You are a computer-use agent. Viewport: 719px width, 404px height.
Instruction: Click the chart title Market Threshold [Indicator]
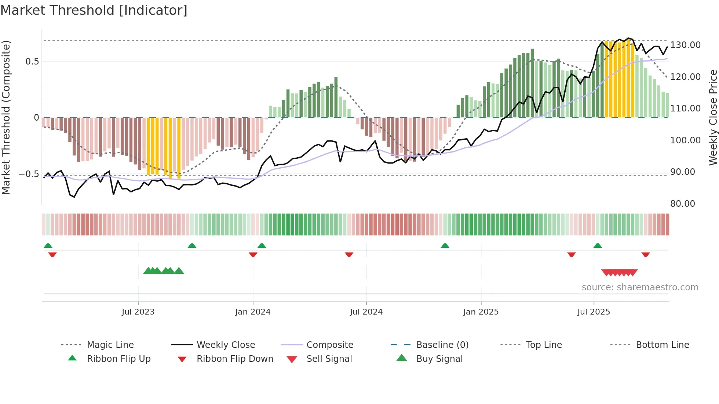(x=94, y=10)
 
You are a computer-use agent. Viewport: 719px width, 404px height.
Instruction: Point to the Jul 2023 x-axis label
(x=138, y=312)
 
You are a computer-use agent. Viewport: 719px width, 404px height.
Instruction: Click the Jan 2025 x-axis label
(x=481, y=312)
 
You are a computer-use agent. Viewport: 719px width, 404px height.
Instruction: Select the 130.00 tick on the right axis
(x=685, y=45)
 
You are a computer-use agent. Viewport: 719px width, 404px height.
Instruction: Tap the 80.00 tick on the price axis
(x=683, y=203)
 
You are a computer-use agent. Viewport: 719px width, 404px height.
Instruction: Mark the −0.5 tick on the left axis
(x=29, y=174)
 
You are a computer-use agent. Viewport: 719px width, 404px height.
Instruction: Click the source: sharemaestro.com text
(x=640, y=287)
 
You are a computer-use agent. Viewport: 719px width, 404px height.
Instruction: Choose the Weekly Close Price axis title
(x=713, y=117)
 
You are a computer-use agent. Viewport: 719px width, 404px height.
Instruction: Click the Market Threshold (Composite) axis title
(x=6, y=117)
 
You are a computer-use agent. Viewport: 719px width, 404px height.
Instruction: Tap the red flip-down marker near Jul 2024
(x=349, y=254)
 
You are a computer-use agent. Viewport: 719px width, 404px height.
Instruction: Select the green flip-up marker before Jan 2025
(x=445, y=245)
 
